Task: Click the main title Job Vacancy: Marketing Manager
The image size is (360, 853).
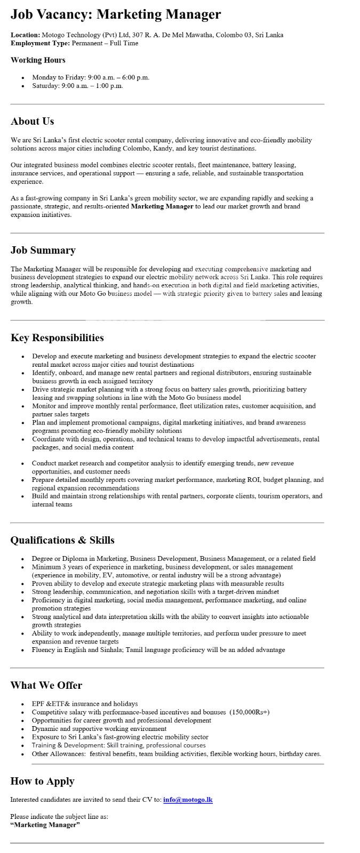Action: coord(116,14)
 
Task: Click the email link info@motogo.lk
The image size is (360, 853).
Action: coord(188,800)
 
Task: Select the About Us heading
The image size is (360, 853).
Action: coord(33,121)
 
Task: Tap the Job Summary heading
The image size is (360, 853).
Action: coord(43,250)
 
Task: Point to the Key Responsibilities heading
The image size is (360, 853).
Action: coord(57,337)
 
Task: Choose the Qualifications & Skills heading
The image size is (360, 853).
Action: coord(62,540)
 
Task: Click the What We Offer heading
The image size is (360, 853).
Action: coord(46,685)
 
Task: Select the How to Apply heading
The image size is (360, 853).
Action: coord(42,781)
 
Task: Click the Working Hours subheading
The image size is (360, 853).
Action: coord(38,60)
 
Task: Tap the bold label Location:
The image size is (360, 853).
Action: coord(25,35)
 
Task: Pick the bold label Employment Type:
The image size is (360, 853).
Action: coord(40,43)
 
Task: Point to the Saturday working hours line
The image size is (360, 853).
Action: coord(77,86)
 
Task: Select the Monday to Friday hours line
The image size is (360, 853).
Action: coord(91,77)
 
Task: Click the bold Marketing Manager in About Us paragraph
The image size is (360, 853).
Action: coord(162,206)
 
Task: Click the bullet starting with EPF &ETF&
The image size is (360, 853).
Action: coord(84,704)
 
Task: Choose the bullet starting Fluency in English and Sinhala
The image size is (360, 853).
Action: coord(158,650)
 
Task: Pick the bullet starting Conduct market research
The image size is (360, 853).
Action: coord(163,463)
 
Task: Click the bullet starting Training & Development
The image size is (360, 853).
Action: coord(118,745)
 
